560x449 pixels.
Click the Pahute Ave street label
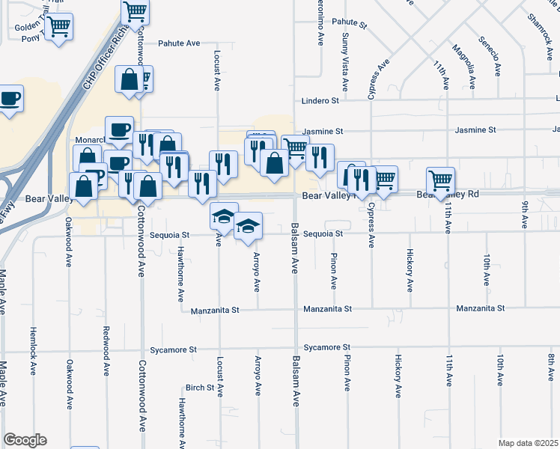click(x=178, y=43)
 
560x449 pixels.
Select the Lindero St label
click(x=320, y=100)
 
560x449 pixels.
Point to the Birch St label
click(x=200, y=388)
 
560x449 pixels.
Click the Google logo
click(x=25, y=440)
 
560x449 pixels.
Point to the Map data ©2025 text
click(x=528, y=443)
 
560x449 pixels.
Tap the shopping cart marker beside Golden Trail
click(x=58, y=28)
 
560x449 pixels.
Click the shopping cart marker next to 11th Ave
click(x=440, y=180)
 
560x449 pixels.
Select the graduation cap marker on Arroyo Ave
click(x=249, y=225)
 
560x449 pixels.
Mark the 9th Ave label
click(x=525, y=214)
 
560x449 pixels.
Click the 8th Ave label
click(x=551, y=367)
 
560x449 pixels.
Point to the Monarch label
click(x=90, y=140)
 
